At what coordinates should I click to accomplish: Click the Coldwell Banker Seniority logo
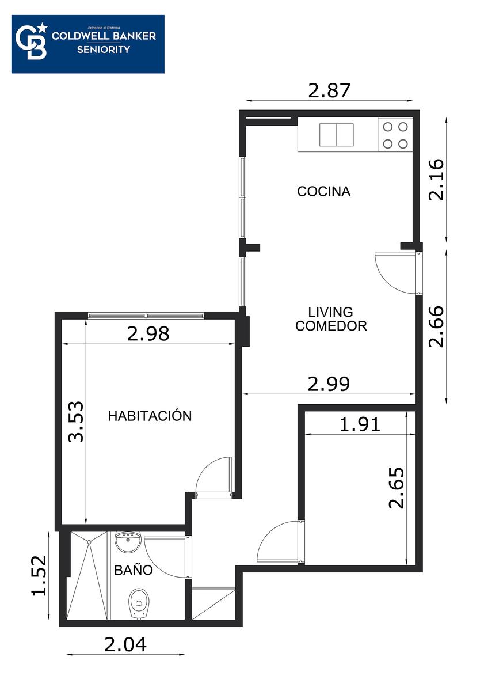click(88, 44)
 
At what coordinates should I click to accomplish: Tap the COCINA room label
click(323, 192)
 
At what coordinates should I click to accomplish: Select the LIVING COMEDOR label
click(331, 319)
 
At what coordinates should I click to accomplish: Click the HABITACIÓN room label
click(150, 416)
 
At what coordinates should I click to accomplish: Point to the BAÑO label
click(134, 569)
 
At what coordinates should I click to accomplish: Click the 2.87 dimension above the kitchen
click(329, 91)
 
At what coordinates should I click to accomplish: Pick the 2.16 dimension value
click(437, 179)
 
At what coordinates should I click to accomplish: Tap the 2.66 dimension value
click(437, 326)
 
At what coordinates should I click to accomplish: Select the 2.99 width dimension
click(329, 385)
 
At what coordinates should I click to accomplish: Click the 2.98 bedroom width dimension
click(148, 334)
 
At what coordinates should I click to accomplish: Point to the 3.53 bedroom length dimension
click(76, 422)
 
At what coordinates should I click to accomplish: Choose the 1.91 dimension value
click(360, 424)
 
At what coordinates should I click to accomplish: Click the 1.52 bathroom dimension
click(39, 576)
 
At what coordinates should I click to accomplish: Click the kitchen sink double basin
click(336, 135)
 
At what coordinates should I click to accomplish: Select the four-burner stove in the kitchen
click(395, 135)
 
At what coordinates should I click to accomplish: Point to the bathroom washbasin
click(128, 542)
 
